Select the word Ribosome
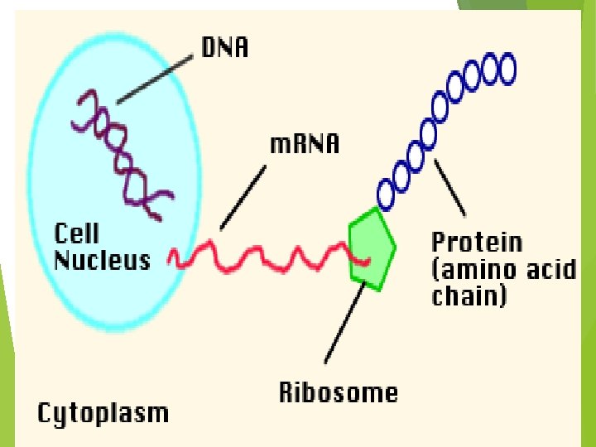pos(338,392)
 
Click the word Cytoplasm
pos(103,412)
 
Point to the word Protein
pos(477,243)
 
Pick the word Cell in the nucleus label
pos(77,233)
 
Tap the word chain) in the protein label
pos(469,296)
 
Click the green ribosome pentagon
pos(371,248)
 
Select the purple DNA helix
pos(122,157)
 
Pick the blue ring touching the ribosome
pos(387,195)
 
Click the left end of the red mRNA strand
pos(172,259)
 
